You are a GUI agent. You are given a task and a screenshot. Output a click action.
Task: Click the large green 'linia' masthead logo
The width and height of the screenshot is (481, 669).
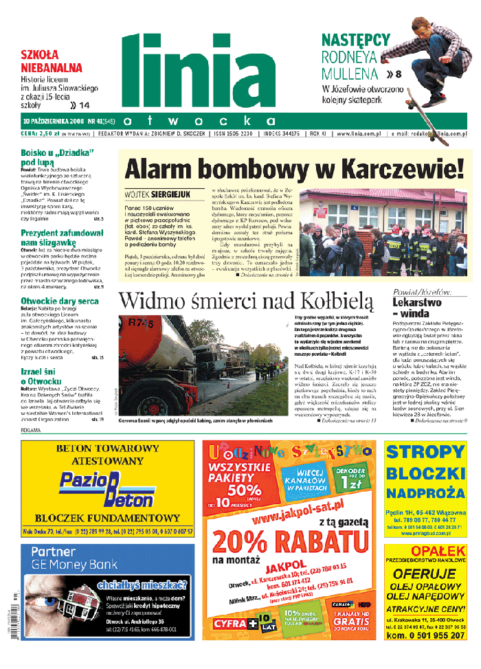(199, 69)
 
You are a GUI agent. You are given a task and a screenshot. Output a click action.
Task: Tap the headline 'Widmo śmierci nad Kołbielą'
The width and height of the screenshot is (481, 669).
(245, 301)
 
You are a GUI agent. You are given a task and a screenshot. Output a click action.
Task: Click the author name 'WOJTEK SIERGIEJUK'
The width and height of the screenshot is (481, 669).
(157, 194)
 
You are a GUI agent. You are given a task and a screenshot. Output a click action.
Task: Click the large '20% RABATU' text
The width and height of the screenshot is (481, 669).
(288, 545)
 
